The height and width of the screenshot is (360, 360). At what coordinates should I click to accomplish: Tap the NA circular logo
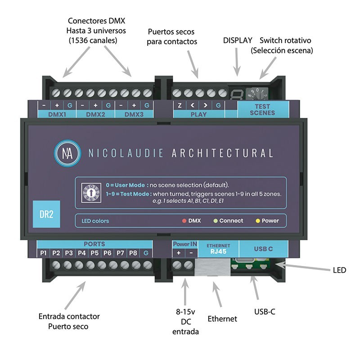65,153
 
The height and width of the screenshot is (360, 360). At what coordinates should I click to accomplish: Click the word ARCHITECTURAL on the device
222,153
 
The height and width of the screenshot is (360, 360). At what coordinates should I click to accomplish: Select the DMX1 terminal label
57,114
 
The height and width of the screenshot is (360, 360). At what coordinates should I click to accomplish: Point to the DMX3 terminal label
134,114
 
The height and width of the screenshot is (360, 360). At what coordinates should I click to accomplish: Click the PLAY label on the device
198,114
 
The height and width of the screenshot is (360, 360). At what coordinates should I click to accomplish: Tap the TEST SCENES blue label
262,109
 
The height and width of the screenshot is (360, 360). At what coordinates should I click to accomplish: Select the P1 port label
44,253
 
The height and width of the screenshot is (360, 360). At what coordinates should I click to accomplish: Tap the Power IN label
185,244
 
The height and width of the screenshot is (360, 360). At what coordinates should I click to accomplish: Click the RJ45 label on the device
218,252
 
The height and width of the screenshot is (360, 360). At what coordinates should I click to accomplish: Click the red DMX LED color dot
184,221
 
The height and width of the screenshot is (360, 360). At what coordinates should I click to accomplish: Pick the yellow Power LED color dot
258,221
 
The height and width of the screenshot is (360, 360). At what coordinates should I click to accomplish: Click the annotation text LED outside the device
339,270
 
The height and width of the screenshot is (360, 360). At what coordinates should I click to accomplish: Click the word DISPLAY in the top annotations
238,40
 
